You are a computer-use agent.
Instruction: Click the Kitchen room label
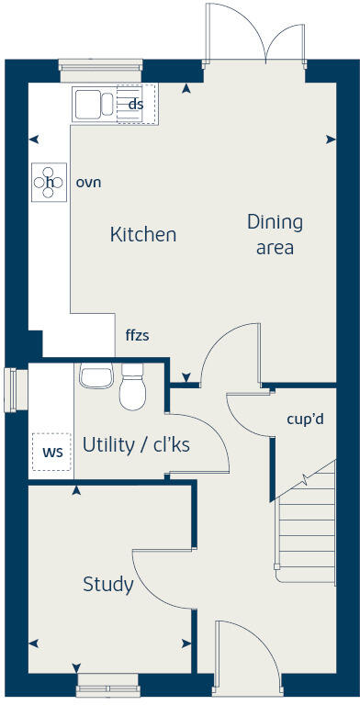[x=142, y=235]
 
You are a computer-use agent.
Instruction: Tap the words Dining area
[x=274, y=234]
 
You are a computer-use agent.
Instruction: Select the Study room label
[x=107, y=585]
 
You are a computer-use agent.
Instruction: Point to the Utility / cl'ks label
[x=136, y=445]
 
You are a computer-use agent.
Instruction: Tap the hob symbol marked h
[x=49, y=182]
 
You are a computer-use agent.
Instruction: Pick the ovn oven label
[x=88, y=182]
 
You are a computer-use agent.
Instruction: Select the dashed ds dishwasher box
[x=136, y=105]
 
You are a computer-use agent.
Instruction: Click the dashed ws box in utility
[x=51, y=452]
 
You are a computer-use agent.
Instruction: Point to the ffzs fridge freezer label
[x=137, y=336]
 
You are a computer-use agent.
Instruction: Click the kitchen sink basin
[x=90, y=104]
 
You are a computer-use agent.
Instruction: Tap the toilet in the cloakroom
[x=133, y=387]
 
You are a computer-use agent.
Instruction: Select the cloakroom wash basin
[x=95, y=375]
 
